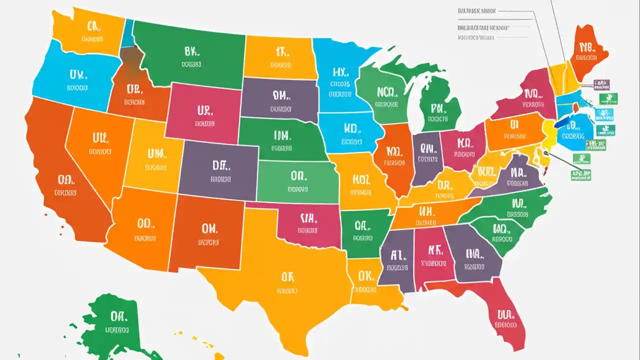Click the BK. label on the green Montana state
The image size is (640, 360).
point(191,51)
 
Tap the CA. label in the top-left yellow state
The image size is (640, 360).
point(93,26)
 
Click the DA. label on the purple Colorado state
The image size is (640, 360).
point(220,165)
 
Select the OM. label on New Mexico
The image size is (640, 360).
point(209,228)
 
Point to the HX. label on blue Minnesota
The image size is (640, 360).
point(339,73)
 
